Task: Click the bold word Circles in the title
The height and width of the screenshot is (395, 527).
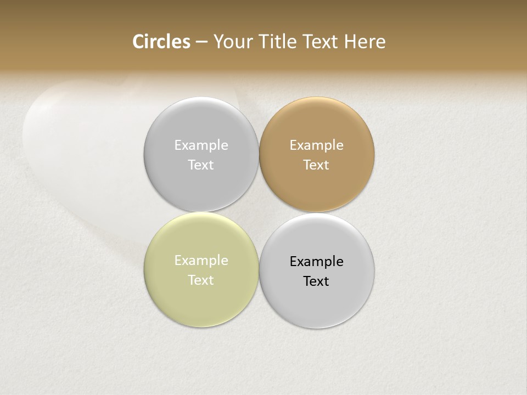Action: [161, 42]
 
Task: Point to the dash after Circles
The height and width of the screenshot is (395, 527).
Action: [201, 42]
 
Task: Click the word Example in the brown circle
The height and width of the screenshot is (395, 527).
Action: [317, 145]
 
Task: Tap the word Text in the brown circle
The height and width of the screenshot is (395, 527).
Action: [316, 165]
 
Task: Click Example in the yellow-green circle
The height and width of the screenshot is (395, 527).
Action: [201, 261]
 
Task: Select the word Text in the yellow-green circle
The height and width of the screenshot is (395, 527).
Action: [201, 280]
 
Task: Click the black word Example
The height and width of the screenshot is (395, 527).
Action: [317, 262]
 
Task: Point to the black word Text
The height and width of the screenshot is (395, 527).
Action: [316, 281]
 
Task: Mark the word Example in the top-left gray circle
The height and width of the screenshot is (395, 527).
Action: [201, 145]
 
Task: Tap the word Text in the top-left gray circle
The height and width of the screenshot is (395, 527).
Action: [201, 165]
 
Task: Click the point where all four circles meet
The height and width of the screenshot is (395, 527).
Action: [259, 212]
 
